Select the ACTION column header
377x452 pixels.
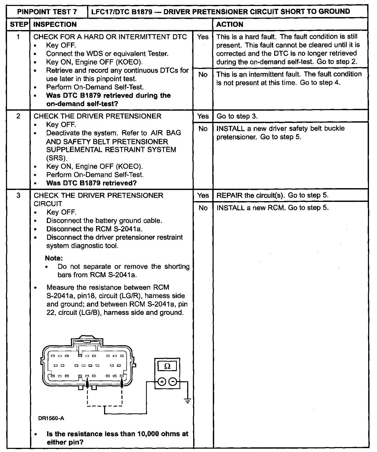pyautogui.click(x=230, y=25)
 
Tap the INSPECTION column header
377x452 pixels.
pyautogui.click(x=55, y=25)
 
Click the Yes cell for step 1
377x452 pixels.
pyautogui.click(x=202, y=37)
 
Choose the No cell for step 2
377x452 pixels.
pyautogui.click(x=203, y=129)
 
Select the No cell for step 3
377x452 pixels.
pyautogui.click(x=203, y=208)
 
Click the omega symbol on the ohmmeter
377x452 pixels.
pyautogui.click(x=168, y=366)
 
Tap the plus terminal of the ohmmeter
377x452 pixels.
pyautogui.click(x=162, y=382)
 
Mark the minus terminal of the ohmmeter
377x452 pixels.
pyautogui.click(x=173, y=382)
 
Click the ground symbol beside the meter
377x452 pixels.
pyautogui.click(x=188, y=401)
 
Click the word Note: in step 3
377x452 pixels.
pyautogui.click(x=54, y=258)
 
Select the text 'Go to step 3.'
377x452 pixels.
pyautogui.click(x=237, y=116)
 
